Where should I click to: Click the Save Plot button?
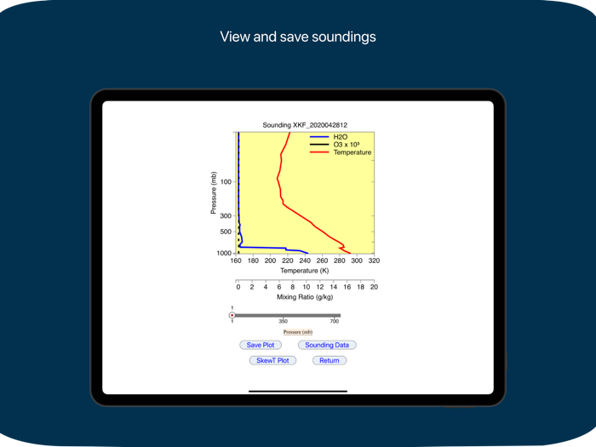pos(261,345)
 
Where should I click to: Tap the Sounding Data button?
pos(327,345)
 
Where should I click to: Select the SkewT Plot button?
pos(272,360)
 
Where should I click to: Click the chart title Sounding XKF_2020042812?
pos(304,125)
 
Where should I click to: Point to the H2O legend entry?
pos(340,137)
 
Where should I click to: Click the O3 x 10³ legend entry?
pos(347,145)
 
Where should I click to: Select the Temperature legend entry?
pos(352,152)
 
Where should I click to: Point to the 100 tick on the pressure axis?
pos(226,182)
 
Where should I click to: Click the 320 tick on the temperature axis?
pos(374,261)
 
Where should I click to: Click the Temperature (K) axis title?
pos(304,271)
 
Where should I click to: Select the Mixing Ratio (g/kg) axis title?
pos(304,297)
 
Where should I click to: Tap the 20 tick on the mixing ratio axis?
pos(374,288)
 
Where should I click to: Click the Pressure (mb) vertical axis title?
pos(213,192)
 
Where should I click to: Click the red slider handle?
pos(232,316)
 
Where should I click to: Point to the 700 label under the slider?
pos(335,322)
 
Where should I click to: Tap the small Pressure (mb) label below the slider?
pos(298,332)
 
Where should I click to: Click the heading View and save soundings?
pos(298,37)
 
